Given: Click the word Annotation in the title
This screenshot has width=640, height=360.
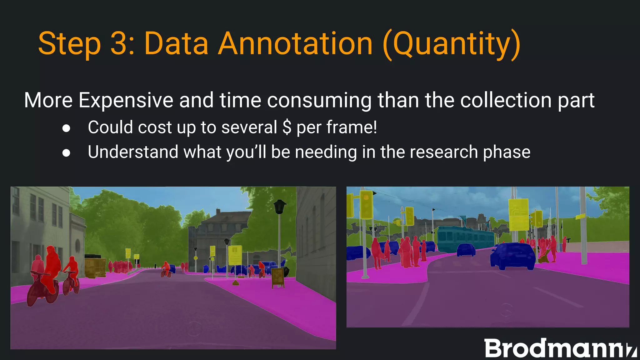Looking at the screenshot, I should point(295,44).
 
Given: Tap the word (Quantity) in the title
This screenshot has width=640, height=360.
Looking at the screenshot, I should point(452,45).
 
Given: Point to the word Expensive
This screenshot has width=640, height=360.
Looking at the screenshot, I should point(126,101).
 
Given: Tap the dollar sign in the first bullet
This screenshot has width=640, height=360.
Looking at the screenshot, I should point(287,127).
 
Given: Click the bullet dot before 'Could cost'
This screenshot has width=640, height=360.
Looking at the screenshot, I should point(66,128).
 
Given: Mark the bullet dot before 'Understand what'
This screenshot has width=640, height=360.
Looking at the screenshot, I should point(66,153).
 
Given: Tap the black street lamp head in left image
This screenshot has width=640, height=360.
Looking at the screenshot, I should point(280,207).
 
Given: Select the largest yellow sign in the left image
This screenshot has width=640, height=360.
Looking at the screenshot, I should point(235,255).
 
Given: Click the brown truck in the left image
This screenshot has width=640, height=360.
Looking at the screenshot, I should point(95,267).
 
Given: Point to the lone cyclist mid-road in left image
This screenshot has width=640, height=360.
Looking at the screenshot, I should point(166,269).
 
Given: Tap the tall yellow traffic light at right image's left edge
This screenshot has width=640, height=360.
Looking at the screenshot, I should point(366,205).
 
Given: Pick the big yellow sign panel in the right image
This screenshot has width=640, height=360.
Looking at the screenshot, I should point(518,214).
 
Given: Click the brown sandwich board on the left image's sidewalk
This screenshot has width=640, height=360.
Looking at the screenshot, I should point(277,277).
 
